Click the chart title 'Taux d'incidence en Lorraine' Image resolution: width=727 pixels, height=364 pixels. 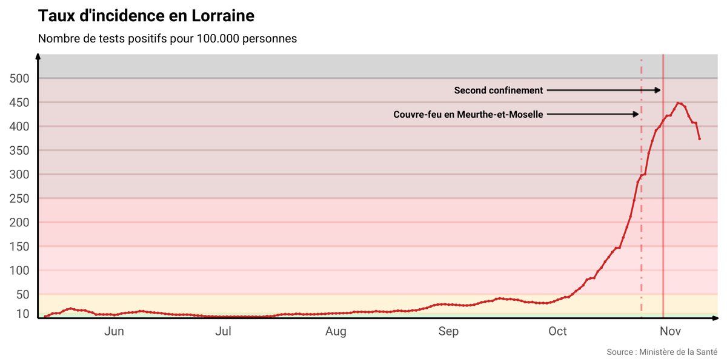click(146, 15)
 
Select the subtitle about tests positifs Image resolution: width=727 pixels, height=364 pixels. click(167, 39)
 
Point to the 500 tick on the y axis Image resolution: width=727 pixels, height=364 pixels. click(20, 78)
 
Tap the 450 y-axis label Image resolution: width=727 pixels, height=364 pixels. click(20, 103)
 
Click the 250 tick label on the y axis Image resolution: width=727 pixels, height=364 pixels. click(20, 198)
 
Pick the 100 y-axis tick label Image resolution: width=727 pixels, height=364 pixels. click(20, 271)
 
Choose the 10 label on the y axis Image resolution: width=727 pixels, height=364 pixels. click(23, 314)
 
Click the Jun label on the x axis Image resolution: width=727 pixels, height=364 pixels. click(114, 331)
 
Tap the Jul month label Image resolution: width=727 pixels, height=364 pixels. click(224, 331)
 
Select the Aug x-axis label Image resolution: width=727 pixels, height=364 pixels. click(336, 331)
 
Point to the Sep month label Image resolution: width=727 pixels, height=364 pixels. click(448, 331)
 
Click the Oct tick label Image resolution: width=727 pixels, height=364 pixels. click(557, 331)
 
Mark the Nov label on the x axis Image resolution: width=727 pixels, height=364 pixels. click(670, 331)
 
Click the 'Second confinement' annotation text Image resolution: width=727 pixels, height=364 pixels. click(499, 90)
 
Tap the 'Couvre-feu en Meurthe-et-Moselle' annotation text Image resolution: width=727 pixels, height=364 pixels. click(468, 114)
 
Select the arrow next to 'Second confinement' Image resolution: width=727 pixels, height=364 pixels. click(603, 90)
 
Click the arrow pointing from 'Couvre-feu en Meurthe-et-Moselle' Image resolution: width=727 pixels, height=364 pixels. click(592, 114)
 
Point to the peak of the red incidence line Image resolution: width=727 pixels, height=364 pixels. click(679, 103)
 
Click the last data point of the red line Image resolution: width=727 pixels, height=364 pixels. click(700, 139)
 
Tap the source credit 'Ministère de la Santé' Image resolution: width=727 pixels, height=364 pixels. click(662, 352)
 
